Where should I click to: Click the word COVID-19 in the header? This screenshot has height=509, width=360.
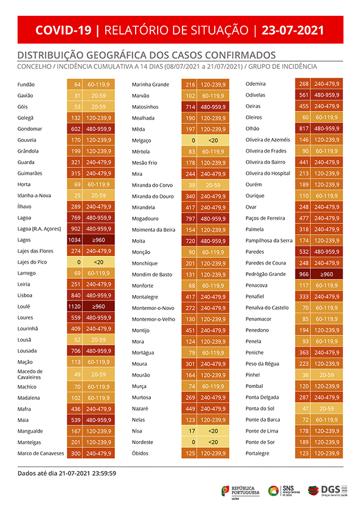[62, 30]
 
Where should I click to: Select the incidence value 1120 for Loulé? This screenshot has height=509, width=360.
[75, 306]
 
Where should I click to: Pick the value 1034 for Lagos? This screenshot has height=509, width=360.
[75, 240]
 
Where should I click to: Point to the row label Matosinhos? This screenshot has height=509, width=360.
[145, 107]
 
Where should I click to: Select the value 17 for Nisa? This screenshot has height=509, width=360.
[192, 431]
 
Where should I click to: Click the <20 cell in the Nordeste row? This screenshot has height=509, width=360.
[212, 442]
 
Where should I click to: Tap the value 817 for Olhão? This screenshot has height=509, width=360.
[303, 128]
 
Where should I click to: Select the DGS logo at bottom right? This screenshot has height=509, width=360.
[328, 490]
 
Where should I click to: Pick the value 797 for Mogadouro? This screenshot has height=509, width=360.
[190, 218]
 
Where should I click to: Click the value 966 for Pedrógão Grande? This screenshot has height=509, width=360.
[303, 274]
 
